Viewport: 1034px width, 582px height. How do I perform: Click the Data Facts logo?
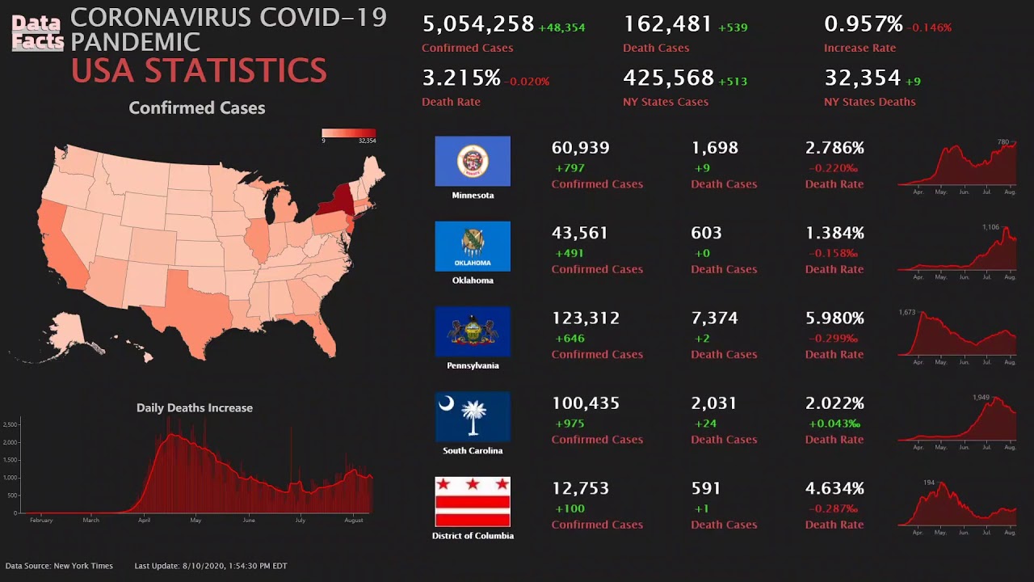pos(37,33)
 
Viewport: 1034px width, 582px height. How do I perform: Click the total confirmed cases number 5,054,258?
pos(478,24)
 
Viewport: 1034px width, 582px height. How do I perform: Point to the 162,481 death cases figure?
pos(667,24)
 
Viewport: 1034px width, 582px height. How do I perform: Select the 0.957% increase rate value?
pos(863,24)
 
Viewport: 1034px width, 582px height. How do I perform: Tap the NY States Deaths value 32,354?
pos(862,78)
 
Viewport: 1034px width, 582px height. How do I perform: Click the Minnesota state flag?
pos(473,161)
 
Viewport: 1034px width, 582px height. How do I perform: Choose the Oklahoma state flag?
pos(473,246)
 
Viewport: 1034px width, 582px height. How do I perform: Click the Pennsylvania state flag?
pos(473,331)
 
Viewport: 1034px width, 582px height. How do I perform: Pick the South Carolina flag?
pos(473,416)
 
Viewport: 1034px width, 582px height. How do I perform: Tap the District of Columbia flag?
pos(473,502)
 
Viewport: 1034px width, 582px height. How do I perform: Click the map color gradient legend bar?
pos(348,133)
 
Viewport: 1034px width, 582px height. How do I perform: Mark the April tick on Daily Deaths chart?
pos(144,520)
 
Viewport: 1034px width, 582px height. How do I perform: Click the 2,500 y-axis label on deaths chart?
pos(11,424)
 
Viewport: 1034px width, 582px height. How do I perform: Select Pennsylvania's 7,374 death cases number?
pos(714,318)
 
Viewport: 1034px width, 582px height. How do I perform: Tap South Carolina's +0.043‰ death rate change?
pos(834,424)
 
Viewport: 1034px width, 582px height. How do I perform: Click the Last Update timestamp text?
pos(210,566)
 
